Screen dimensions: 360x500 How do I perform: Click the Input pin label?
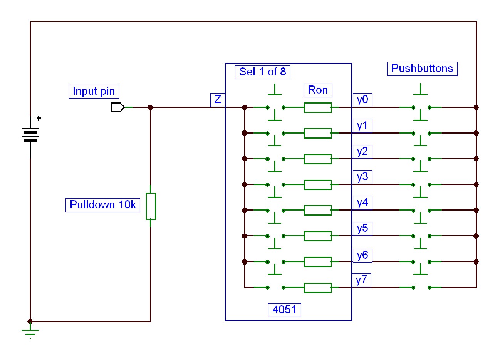[94, 91]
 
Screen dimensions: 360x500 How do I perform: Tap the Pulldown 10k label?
[102, 204]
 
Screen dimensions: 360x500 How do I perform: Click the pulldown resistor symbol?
[151, 206]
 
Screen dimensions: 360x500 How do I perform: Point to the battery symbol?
[30, 135]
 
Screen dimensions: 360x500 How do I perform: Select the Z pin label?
[218, 100]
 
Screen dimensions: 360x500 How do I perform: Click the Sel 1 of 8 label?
[262, 72]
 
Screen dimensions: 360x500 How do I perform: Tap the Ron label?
[318, 90]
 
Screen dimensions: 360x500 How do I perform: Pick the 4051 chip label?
[284, 310]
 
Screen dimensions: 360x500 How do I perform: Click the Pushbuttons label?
[422, 69]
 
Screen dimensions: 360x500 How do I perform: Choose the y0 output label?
[362, 100]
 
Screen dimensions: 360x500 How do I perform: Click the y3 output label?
[362, 177]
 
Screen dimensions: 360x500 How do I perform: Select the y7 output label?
[362, 280]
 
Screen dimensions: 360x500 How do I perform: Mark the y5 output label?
[362, 229]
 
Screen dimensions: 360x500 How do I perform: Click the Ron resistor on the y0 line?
[317, 107]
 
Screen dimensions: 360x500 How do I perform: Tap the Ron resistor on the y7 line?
[317, 288]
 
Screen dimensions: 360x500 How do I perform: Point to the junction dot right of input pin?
[150, 107]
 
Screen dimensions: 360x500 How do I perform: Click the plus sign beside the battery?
[39, 118]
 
